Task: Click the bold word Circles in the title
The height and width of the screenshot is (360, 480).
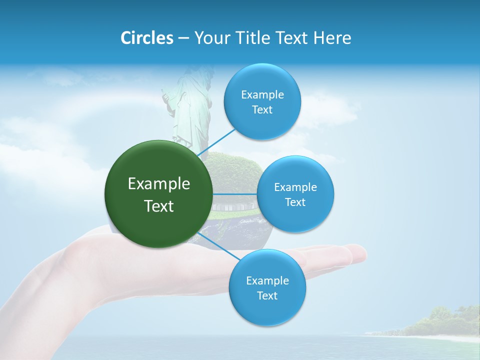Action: pyautogui.click(x=146, y=38)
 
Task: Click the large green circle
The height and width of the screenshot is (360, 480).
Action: pyautogui.click(x=159, y=194)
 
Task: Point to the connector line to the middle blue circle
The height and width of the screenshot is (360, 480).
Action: pyautogui.click(x=234, y=194)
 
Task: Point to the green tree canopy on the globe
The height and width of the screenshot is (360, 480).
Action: pyautogui.click(x=232, y=170)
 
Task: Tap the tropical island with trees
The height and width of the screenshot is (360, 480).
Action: pyautogui.click(x=440, y=322)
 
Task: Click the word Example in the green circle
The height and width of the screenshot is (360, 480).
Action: pyautogui.click(x=159, y=184)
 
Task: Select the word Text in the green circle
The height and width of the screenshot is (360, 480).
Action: pyautogui.click(x=159, y=206)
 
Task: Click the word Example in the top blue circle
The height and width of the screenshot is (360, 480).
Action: pyautogui.click(x=262, y=95)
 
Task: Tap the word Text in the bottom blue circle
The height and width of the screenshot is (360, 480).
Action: pyautogui.click(x=267, y=295)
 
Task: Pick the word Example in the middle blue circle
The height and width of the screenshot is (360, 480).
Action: pyautogui.click(x=295, y=187)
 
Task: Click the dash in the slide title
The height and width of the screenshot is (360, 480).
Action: pyautogui.click(x=183, y=38)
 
